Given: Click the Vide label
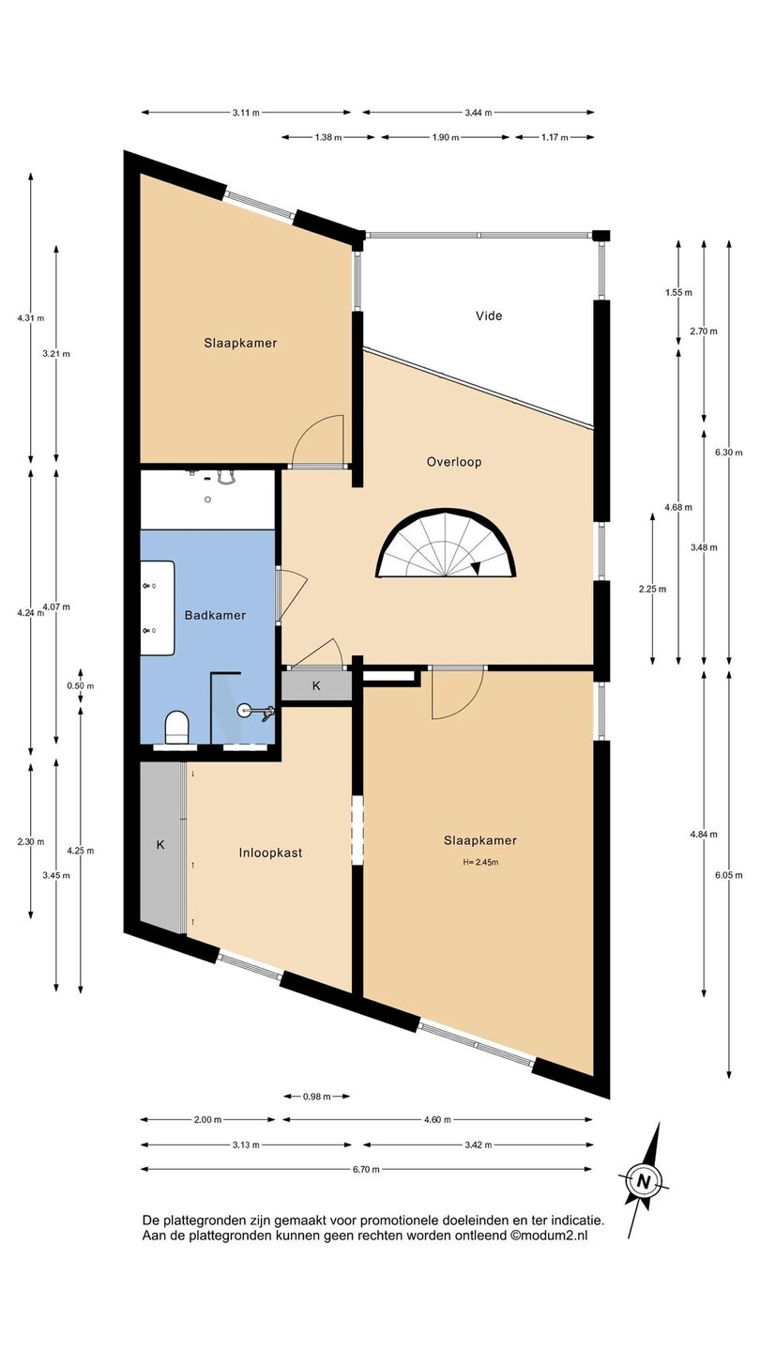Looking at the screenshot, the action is [x=489, y=315].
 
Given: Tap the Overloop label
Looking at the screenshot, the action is [x=454, y=462].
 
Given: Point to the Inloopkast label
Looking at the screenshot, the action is [x=270, y=853].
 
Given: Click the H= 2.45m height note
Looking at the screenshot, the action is [x=480, y=863].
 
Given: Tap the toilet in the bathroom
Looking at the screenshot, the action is [x=176, y=727].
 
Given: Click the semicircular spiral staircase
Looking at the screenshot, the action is [x=447, y=544].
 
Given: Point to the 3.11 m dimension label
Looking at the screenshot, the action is [x=246, y=113].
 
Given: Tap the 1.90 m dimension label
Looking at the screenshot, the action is [x=446, y=138].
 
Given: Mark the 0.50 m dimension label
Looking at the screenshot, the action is [x=81, y=686].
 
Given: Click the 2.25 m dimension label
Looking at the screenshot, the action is [x=653, y=590].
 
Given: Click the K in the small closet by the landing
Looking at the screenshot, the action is [x=316, y=686].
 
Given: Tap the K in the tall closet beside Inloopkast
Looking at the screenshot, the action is [x=160, y=845].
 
